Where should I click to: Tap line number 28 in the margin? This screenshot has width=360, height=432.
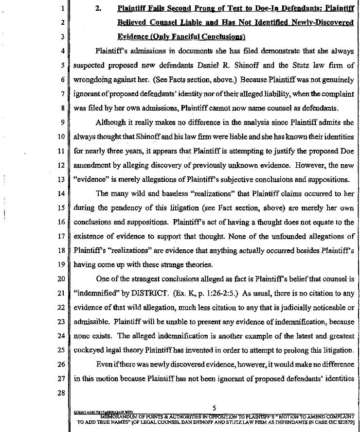61,393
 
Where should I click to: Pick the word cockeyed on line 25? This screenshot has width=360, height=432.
91,350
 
